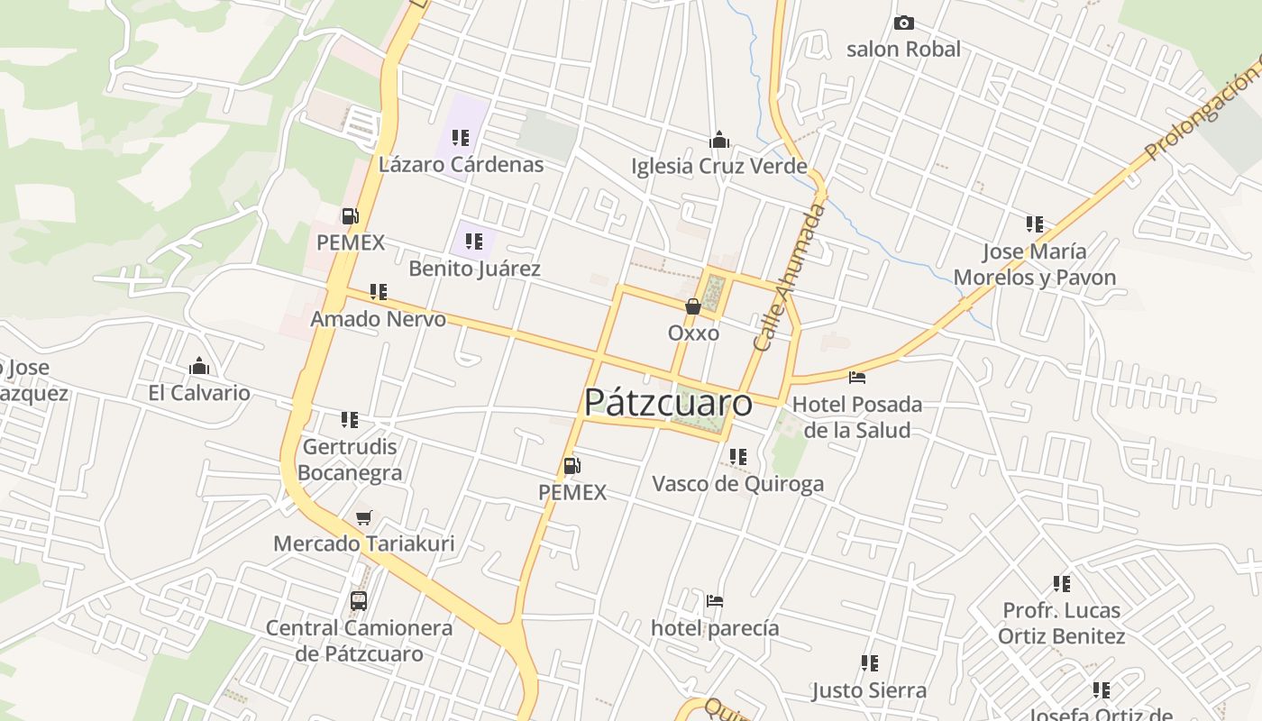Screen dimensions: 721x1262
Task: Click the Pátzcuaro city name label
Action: click(668, 403)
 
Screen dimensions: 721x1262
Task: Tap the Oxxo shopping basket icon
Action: click(693, 306)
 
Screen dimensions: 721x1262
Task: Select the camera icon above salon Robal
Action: click(903, 23)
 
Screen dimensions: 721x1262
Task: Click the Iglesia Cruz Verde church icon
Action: click(719, 140)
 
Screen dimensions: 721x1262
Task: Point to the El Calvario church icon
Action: click(199, 366)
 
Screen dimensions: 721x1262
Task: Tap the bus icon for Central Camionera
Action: click(359, 601)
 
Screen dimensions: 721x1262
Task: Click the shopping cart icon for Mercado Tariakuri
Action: click(364, 517)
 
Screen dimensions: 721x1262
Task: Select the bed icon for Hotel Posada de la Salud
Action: click(856, 377)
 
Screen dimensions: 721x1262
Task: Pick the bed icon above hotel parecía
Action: click(715, 601)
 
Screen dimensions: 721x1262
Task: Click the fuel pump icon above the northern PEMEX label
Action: click(350, 215)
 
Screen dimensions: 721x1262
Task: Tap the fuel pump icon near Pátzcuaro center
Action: click(572, 466)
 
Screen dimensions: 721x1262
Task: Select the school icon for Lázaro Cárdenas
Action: click(461, 138)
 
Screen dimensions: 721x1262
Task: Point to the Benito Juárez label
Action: click(474, 269)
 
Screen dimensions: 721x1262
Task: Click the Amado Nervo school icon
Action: click(379, 292)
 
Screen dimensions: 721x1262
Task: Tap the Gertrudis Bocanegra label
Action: click(350, 460)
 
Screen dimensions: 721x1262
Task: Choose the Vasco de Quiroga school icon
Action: click(738, 457)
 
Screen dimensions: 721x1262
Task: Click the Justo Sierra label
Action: click(869, 690)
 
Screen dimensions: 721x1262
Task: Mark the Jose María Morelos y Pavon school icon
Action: click(1035, 224)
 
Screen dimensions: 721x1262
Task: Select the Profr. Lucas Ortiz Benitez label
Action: click(1061, 623)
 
